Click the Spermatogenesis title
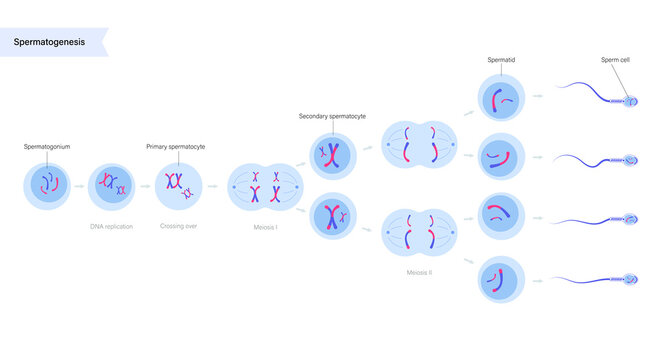click(49, 42)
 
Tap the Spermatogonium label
click(47, 146)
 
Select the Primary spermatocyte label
click(176, 146)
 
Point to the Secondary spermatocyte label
click(332, 116)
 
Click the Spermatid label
click(501, 60)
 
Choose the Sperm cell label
click(615, 60)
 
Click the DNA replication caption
click(111, 227)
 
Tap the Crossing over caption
click(179, 227)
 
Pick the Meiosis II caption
click(420, 271)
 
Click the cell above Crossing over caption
click(179, 185)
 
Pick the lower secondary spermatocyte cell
click(331, 216)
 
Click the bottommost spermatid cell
click(500, 279)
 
